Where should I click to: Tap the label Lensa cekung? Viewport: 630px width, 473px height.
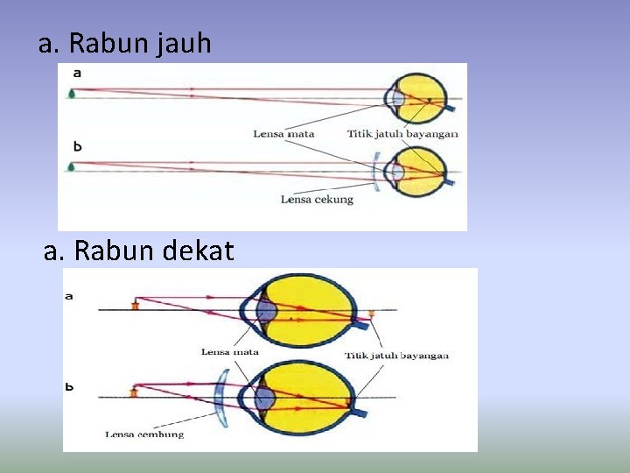point(317,200)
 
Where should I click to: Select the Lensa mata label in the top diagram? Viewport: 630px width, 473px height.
point(283,134)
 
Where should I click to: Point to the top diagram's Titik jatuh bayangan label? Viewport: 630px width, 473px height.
point(402,134)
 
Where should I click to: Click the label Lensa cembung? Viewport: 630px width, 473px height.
point(144,434)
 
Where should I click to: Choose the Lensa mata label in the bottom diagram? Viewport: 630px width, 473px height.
point(230,352)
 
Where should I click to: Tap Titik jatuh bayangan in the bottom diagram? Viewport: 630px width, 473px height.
point(396,356)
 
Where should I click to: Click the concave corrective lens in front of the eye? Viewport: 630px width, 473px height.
point(377,172)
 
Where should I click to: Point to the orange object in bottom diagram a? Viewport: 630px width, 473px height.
point(136,306)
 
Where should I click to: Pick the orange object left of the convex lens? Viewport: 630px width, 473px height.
point(134,391)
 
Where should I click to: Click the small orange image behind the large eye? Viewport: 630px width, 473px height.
point(372,313)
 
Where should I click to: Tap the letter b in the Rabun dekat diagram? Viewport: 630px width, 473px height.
point(69,385)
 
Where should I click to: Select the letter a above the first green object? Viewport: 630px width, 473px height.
point(77,73)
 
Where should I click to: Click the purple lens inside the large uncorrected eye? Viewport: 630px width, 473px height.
point(266,312)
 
